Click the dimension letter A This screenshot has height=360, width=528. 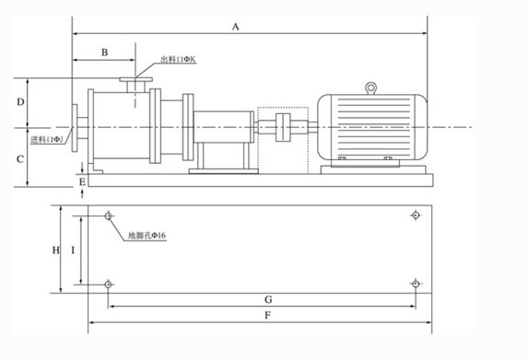[235, 27]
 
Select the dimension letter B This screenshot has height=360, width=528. [105, 52]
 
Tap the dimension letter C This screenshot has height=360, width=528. [20, 159]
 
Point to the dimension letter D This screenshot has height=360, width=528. [20, 101]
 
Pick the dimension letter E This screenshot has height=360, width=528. [83, 182]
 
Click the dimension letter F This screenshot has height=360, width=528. [268, 315]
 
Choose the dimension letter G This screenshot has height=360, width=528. [268, 299]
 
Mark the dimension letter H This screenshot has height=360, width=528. [56, 250]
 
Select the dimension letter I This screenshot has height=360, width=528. [73, 250]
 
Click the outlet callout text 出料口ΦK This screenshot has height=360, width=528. [178, 60]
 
